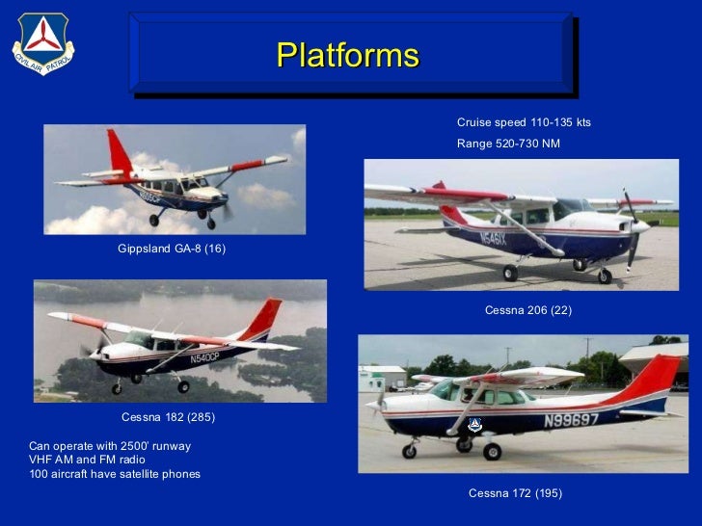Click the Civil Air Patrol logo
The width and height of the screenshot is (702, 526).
point(43,44)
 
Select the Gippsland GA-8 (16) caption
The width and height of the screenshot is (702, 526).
point(172,250)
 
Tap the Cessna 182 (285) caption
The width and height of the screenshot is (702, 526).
point(168,417)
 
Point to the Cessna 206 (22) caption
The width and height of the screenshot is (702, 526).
point(527,310)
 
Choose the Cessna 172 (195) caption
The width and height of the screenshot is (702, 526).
point(515,493)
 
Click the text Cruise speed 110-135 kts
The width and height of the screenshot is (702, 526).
point(524,123)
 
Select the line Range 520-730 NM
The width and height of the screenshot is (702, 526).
point(507,144)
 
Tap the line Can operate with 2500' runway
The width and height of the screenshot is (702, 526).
point(110,446)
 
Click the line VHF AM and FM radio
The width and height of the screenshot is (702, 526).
point(87,460)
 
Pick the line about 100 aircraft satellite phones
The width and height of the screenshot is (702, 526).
point(115,474)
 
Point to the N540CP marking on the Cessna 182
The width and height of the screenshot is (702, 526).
point(205,358)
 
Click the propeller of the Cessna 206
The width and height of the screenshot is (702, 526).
point(632,226)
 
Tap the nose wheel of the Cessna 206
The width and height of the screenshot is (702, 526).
point(605,276)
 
